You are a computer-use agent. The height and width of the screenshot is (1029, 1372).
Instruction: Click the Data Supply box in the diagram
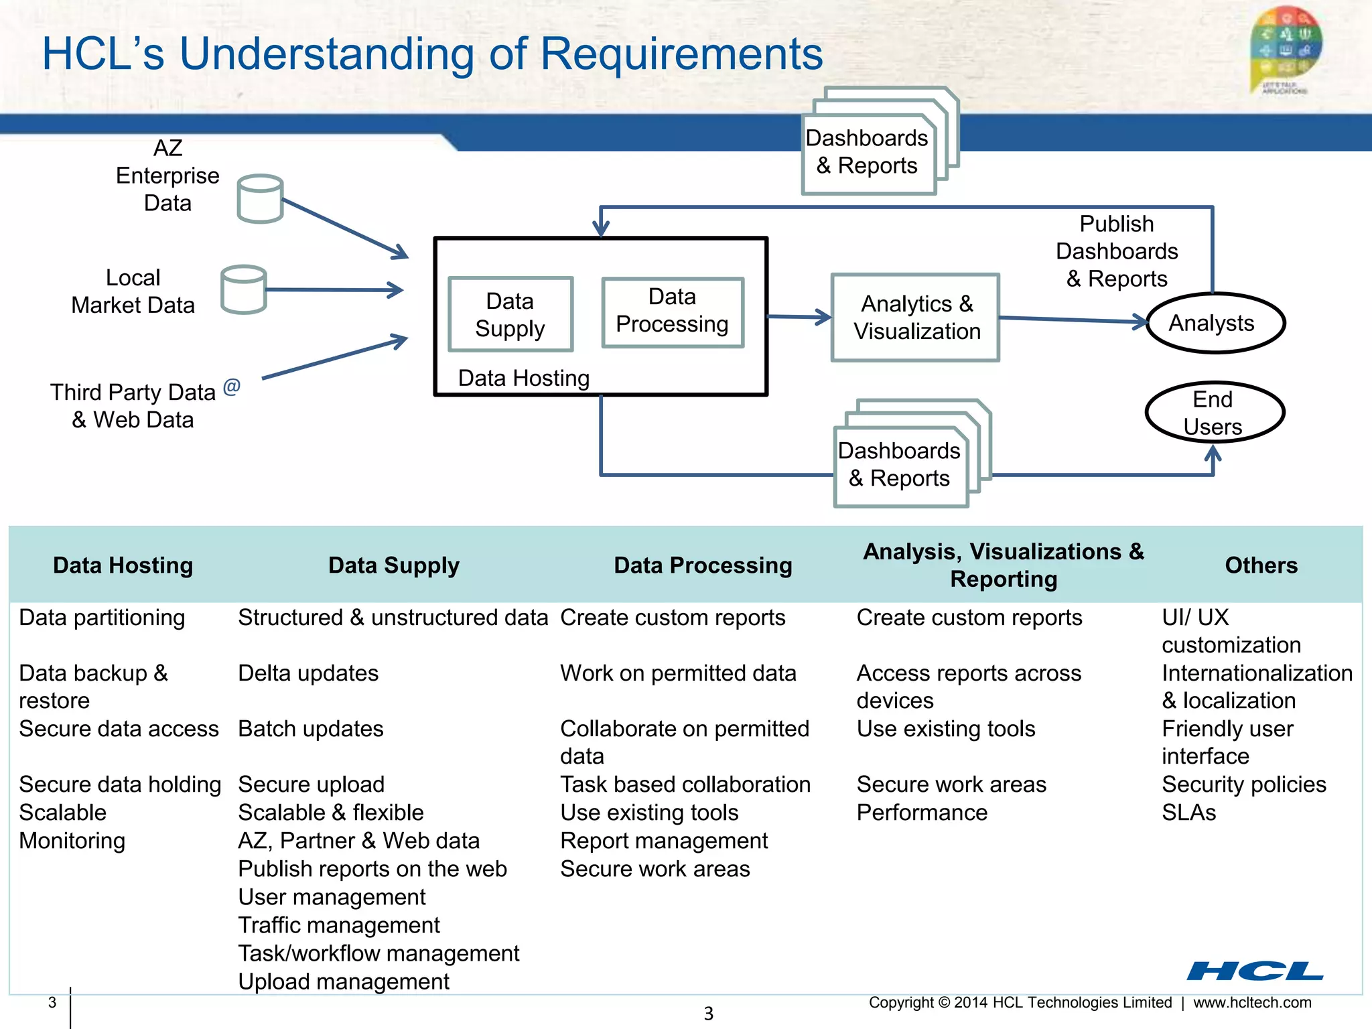[x=510, y=314]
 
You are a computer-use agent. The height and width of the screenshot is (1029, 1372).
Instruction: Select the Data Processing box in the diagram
[x=673, y=312]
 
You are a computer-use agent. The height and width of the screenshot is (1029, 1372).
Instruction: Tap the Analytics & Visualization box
[x=915, y=318]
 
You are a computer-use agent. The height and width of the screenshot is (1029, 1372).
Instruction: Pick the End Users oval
[x=1214, y=413]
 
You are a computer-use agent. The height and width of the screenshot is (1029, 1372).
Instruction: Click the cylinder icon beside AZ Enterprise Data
[x=261, y=199]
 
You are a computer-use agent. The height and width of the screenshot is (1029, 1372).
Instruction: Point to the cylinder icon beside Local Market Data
[x=244, y=289]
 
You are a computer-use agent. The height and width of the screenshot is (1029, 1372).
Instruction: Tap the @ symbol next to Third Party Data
[x=232, y=387]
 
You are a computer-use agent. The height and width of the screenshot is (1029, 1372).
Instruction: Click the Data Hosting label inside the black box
[x=523, y=378]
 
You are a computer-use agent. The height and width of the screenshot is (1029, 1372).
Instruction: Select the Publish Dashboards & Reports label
[x=1117, y=251]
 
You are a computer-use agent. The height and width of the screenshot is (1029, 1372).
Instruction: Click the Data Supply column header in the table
[x=394, y=565]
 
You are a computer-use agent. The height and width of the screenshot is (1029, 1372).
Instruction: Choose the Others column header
[x=1261, y=565]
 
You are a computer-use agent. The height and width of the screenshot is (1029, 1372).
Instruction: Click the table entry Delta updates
[x=308, y=673]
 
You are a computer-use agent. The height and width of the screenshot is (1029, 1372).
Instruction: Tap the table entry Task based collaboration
[x=685, y=784]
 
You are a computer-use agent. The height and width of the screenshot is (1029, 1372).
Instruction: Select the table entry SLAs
[x=1188, y=813]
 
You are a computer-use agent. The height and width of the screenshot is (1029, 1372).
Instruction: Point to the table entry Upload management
[x=344, y=981]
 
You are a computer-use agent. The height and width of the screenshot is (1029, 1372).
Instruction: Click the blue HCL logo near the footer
[x=1255, y=971]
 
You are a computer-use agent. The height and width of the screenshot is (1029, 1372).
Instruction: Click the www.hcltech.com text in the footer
[x=1252, y=1003]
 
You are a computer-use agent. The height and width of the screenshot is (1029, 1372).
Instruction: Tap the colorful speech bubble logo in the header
[x=1285, y=48]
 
